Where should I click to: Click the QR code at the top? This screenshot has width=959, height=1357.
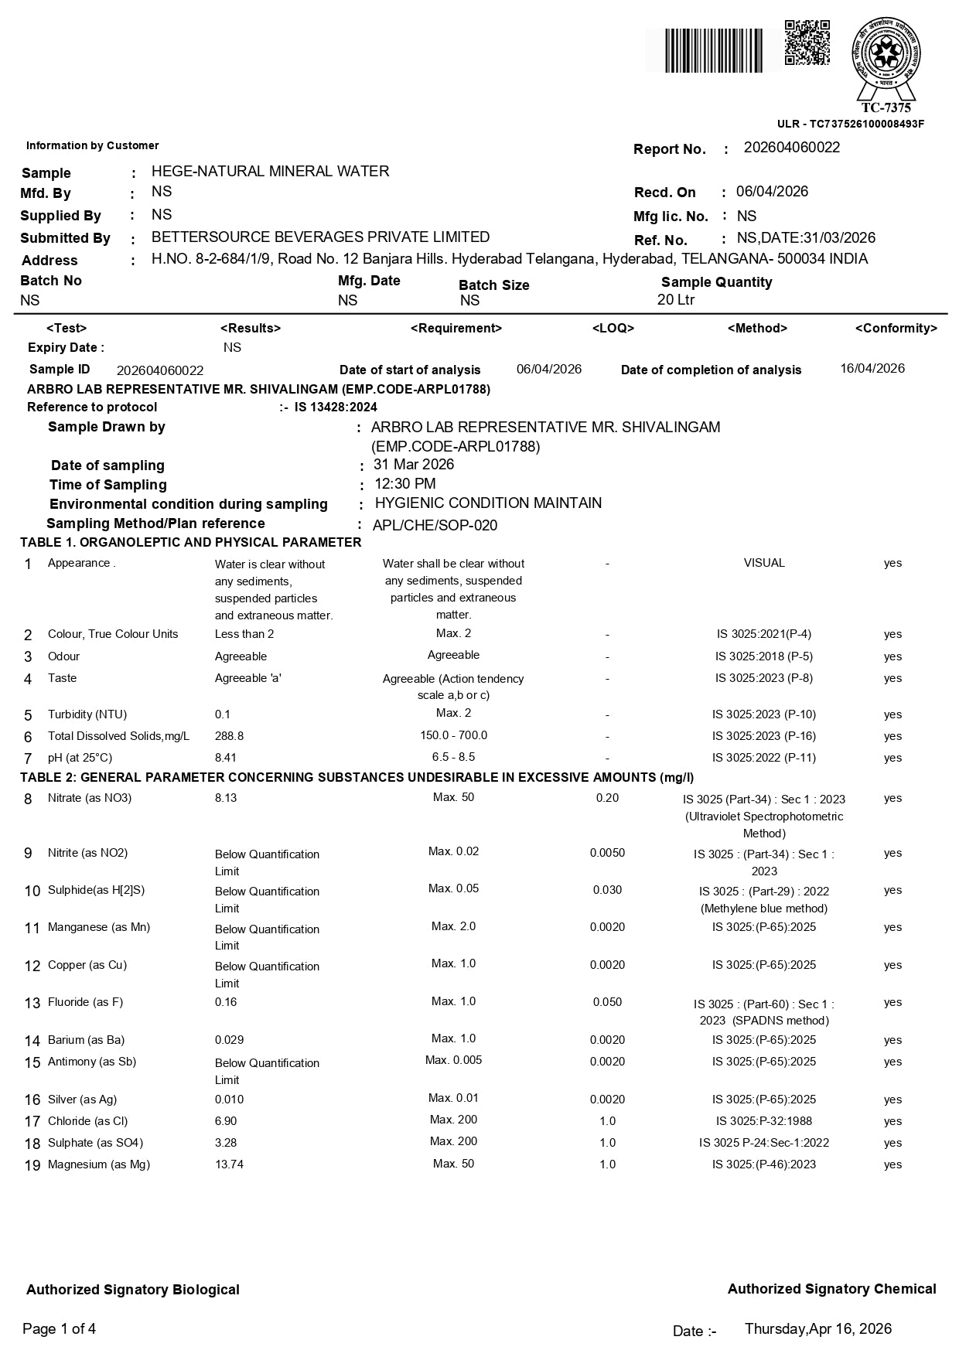click(807, 43)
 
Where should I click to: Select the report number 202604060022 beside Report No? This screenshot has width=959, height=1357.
click(791, 148)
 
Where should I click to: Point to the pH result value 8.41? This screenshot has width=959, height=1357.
click(226, 758)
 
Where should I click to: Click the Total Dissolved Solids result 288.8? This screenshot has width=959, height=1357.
click(229, 736)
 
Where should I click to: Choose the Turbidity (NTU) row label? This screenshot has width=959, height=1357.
click(87, 714)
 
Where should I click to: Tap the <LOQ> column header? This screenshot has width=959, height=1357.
click(613, 328)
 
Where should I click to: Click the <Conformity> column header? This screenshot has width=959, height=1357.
click(896, 329)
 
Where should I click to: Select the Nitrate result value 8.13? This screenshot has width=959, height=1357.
click(226, 798)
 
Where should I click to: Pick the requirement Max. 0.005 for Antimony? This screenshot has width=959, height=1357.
click(453, 1060)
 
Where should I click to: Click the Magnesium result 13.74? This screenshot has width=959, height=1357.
click(229, 1164)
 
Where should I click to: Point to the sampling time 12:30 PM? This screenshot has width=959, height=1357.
click(404, 484)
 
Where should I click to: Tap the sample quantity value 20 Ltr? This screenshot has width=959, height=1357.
click(676, 300)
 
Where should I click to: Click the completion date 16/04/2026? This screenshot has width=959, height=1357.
click(872, 368)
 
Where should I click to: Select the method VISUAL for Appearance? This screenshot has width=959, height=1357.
click(764, 563)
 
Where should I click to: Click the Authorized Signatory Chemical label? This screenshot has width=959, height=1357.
click(831, 1289)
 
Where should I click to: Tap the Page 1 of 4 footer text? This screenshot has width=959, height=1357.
click(60, 1329)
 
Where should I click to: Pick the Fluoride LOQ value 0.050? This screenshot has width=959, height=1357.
click(607, 1002)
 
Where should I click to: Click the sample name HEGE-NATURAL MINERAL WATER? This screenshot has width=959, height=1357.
click(270, 171)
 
